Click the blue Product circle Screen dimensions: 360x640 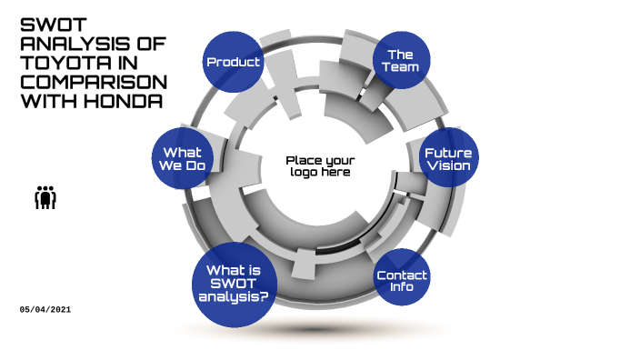pyautogui.click(x=232, y=62)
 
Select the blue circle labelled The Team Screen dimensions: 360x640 pyautogui.click(x=401, y=60)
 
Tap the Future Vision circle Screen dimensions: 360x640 pyautogui.click(x=448, y=159)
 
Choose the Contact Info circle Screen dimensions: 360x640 pyautogui.click(x=402, y=280)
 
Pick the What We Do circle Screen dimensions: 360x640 pyautogui.click(x=182, y=159)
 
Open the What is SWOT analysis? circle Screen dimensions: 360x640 pyautogui.click(x=234, y=283)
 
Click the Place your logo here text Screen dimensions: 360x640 pyautogui.click(x=320, y=165)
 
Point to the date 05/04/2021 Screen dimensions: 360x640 pyautogui.click(x=45, y=310)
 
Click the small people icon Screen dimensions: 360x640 pyautogui.click(x=45, y=196)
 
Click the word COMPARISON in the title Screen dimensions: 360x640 pyautogui.click(x=94, y=81)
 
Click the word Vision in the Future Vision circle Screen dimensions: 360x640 pyautogui.click(x=448, y=166)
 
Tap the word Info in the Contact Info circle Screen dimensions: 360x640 pyautogui.click(x=402, y=287)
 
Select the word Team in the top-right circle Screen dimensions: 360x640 pyautogui.click(x=401, y=67)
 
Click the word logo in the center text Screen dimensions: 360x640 pyautogui.click(x=305, y=172)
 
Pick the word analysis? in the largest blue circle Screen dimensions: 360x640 pyautogui.click(x=234, y=296)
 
